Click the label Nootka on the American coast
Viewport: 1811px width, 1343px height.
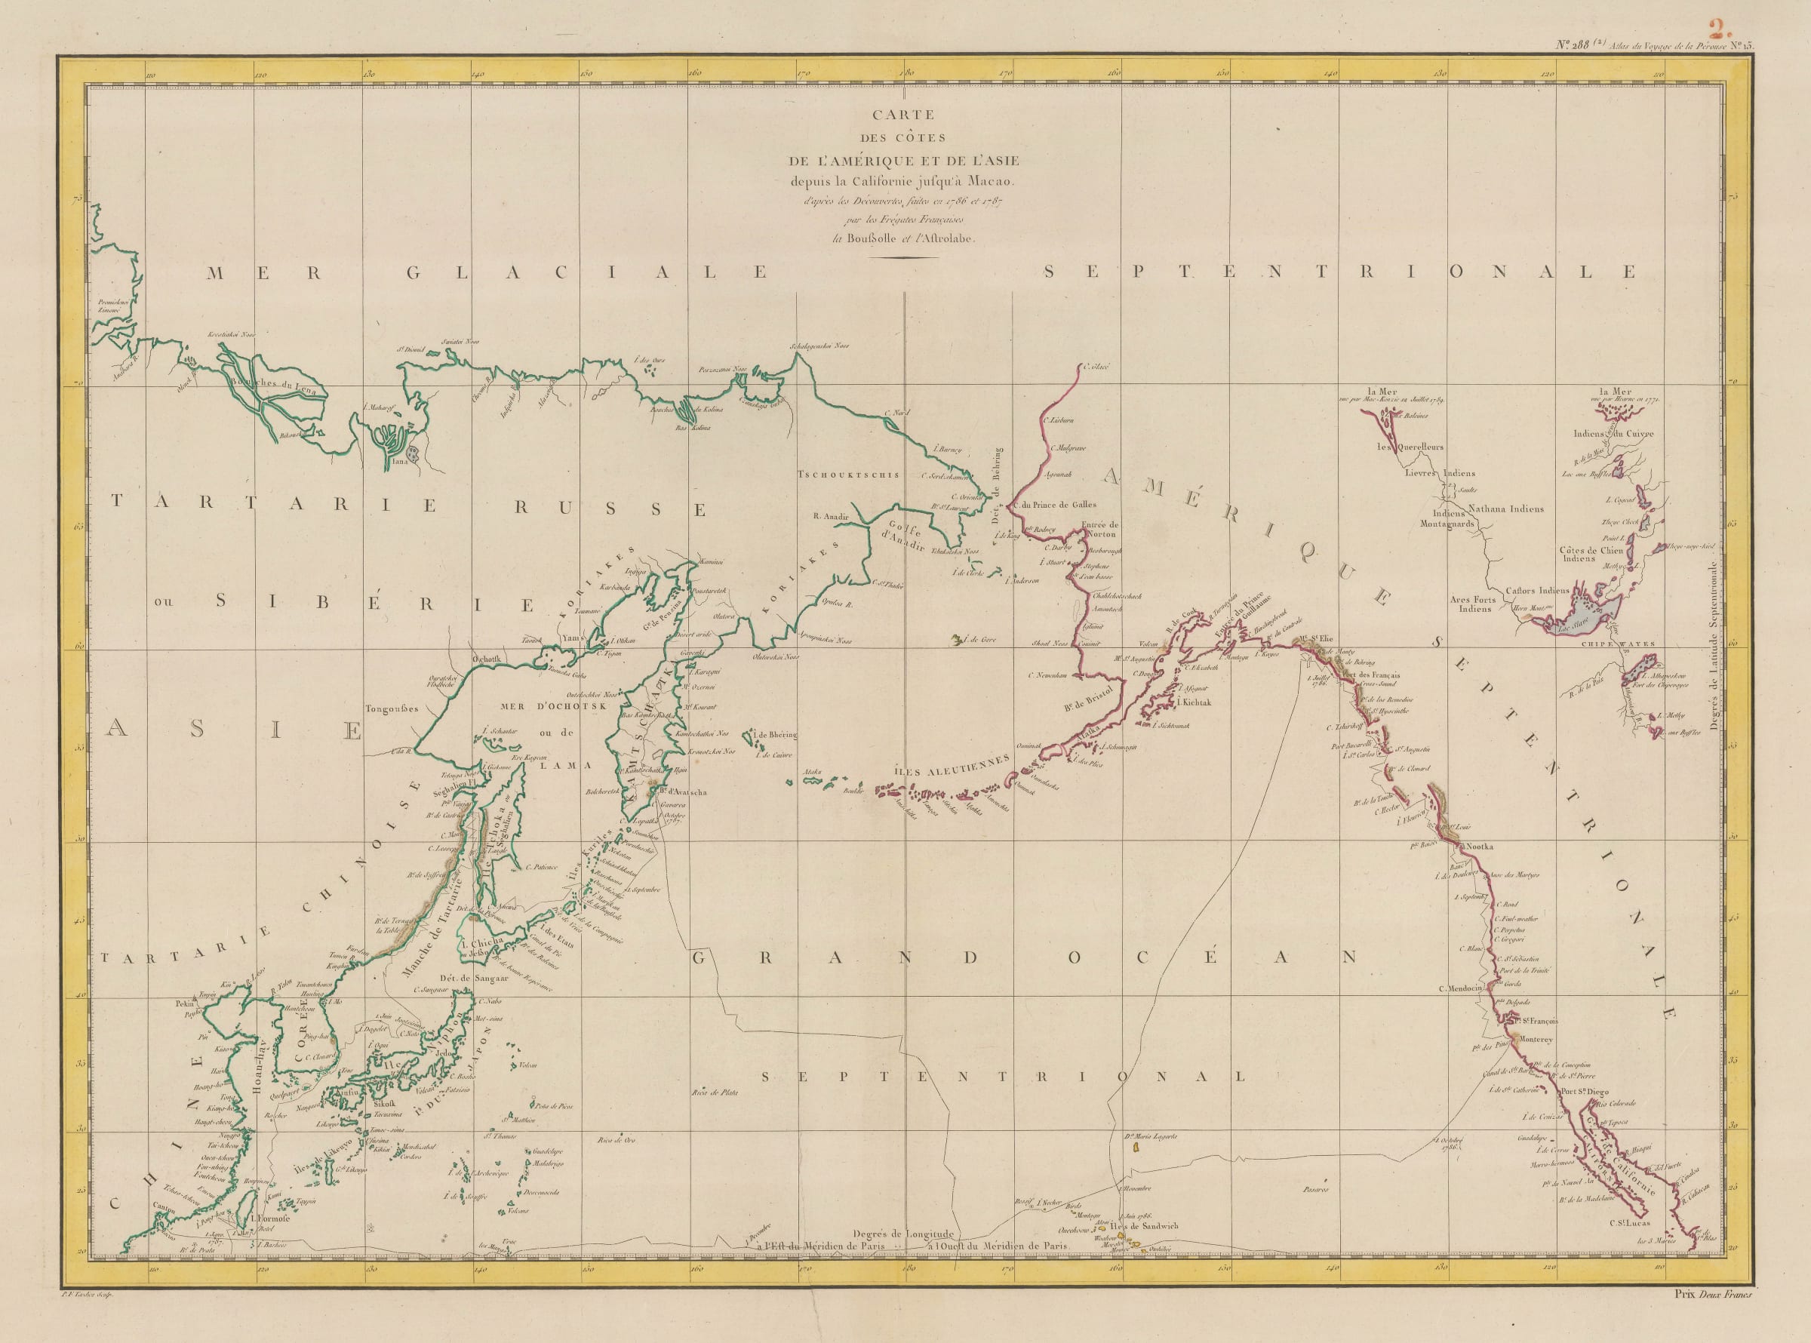coord(1480,847)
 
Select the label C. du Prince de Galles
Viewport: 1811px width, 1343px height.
coord(1056,504)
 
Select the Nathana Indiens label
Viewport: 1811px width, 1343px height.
coord(1505,509)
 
